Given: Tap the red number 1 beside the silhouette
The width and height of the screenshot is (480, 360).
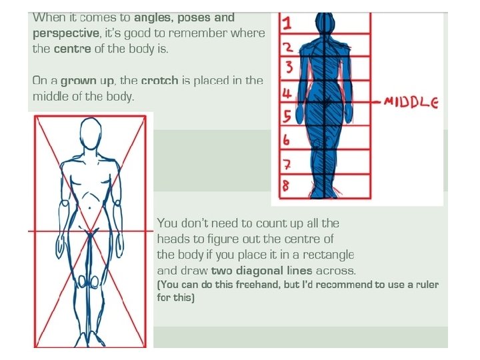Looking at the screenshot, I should coord(287,25).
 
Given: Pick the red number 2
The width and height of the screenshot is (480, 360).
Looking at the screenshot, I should coord(287,47).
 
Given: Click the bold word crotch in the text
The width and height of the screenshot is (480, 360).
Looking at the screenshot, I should coord(161,81).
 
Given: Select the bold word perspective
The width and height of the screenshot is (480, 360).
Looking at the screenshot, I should coord(63,32).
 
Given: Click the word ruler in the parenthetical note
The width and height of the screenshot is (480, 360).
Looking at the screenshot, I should coord(425,285).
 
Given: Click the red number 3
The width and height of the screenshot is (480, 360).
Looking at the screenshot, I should coord(288,67).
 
